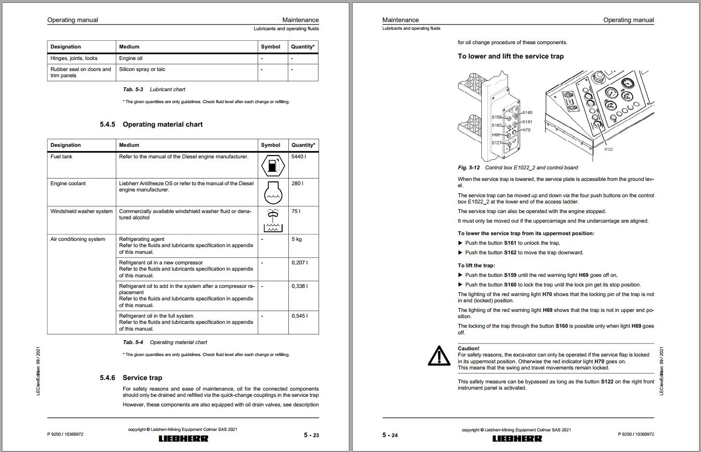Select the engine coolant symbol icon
point(273,192)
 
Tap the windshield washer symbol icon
point(273,220)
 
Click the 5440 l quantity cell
point(298,157)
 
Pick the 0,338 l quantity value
point(299,286)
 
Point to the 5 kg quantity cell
point(297,239)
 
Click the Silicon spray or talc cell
point(142,70)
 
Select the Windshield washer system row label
point(82,212)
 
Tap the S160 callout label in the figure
point(527,113)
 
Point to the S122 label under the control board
point(608,150)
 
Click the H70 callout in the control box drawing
point(526,130)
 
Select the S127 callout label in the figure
point(496,143)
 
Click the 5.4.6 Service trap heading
point(131,378)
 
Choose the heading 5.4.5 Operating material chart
point(151,125)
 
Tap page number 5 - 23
point(311,435)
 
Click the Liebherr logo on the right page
point(517,439)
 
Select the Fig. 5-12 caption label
point(469,168)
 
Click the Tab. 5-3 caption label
point(133,90)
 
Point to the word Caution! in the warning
point(468,349)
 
